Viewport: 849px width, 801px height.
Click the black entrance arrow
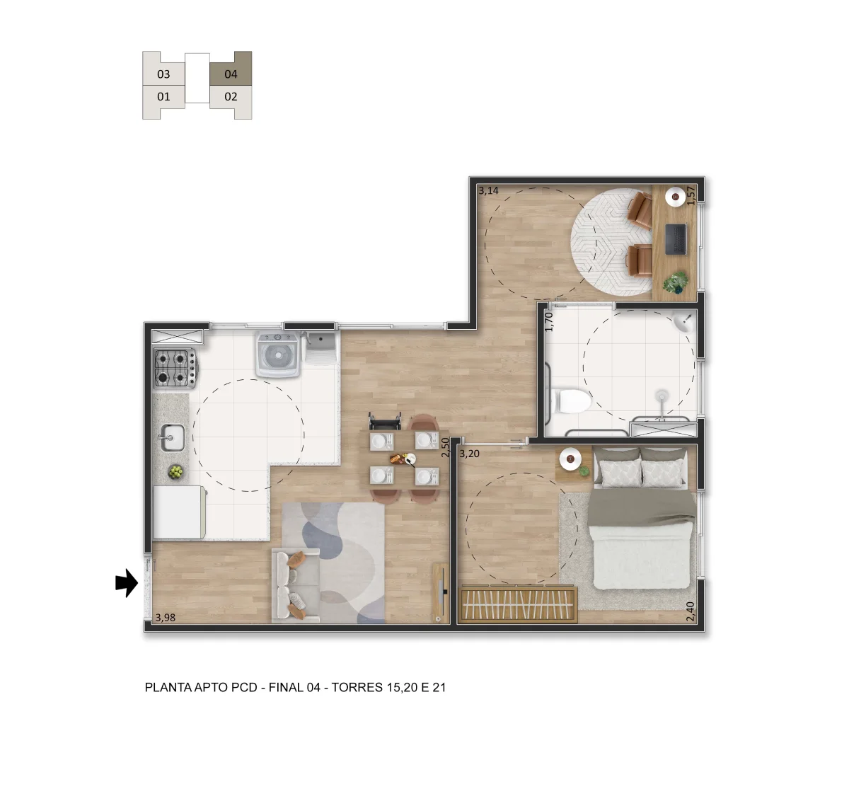tap(127, 583)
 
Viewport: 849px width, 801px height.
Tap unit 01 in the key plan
tap(163, 97)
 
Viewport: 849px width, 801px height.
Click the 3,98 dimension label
tap(166, 618)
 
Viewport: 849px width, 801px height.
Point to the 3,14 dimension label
tap(489, 191)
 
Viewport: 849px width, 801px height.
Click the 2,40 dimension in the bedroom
tap(690, 611)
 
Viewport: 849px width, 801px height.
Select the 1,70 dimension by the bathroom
tap(549, 321)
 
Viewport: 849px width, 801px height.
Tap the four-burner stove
tap(175, 368)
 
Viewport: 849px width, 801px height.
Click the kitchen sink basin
tap(173, 437)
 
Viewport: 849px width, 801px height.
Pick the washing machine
tap(278, 355)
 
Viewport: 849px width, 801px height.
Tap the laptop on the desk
tap(676, 238)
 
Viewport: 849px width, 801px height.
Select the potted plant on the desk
tap(676, 282)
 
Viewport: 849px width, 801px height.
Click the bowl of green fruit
tap(175, 472)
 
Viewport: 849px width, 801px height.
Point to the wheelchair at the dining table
tap(385, 421)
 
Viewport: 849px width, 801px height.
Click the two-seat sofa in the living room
tap(295, 584)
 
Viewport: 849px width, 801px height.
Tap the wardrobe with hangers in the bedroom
tap(518, 604)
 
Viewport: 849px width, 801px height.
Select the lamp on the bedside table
tap(570, 459)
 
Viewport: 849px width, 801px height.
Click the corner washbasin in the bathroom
tap(684, 321)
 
